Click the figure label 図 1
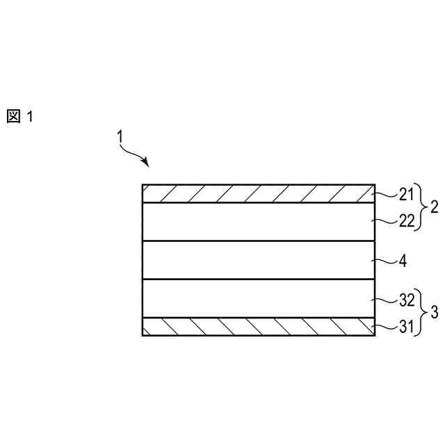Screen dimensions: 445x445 click(20, 116)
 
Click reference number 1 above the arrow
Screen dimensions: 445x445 click(120, 138)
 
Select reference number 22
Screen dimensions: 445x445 click(405, 222)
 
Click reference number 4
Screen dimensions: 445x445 click(403, 262)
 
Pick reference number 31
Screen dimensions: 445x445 click(405, 326)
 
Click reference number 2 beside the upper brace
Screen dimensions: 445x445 click(434, 207)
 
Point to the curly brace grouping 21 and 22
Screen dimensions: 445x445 click(421, 207)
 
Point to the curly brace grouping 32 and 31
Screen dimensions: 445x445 click(421, 313)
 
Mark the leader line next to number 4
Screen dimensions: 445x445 click(385, 261)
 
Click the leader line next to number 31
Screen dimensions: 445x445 click(385, 325)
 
